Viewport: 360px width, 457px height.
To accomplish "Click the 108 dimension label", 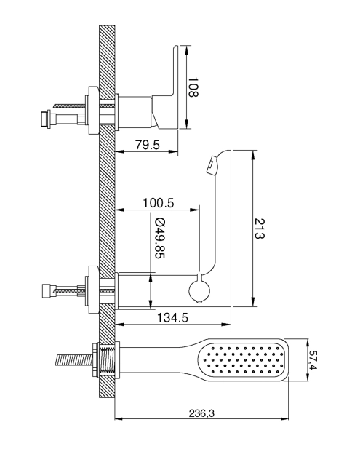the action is pos(193,87).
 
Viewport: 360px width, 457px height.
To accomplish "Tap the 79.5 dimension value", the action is pos(148,145).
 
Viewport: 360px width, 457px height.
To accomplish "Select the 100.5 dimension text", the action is pos(158,203).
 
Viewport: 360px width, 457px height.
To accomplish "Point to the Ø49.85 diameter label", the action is pos(159,238).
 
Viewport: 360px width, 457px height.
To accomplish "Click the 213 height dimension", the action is pos(260,228).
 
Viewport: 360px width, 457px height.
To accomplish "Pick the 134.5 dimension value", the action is pos(172,317).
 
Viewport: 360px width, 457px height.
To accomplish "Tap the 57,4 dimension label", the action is pos(313,360).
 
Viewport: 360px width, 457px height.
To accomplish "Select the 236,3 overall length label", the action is pos(201,413).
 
